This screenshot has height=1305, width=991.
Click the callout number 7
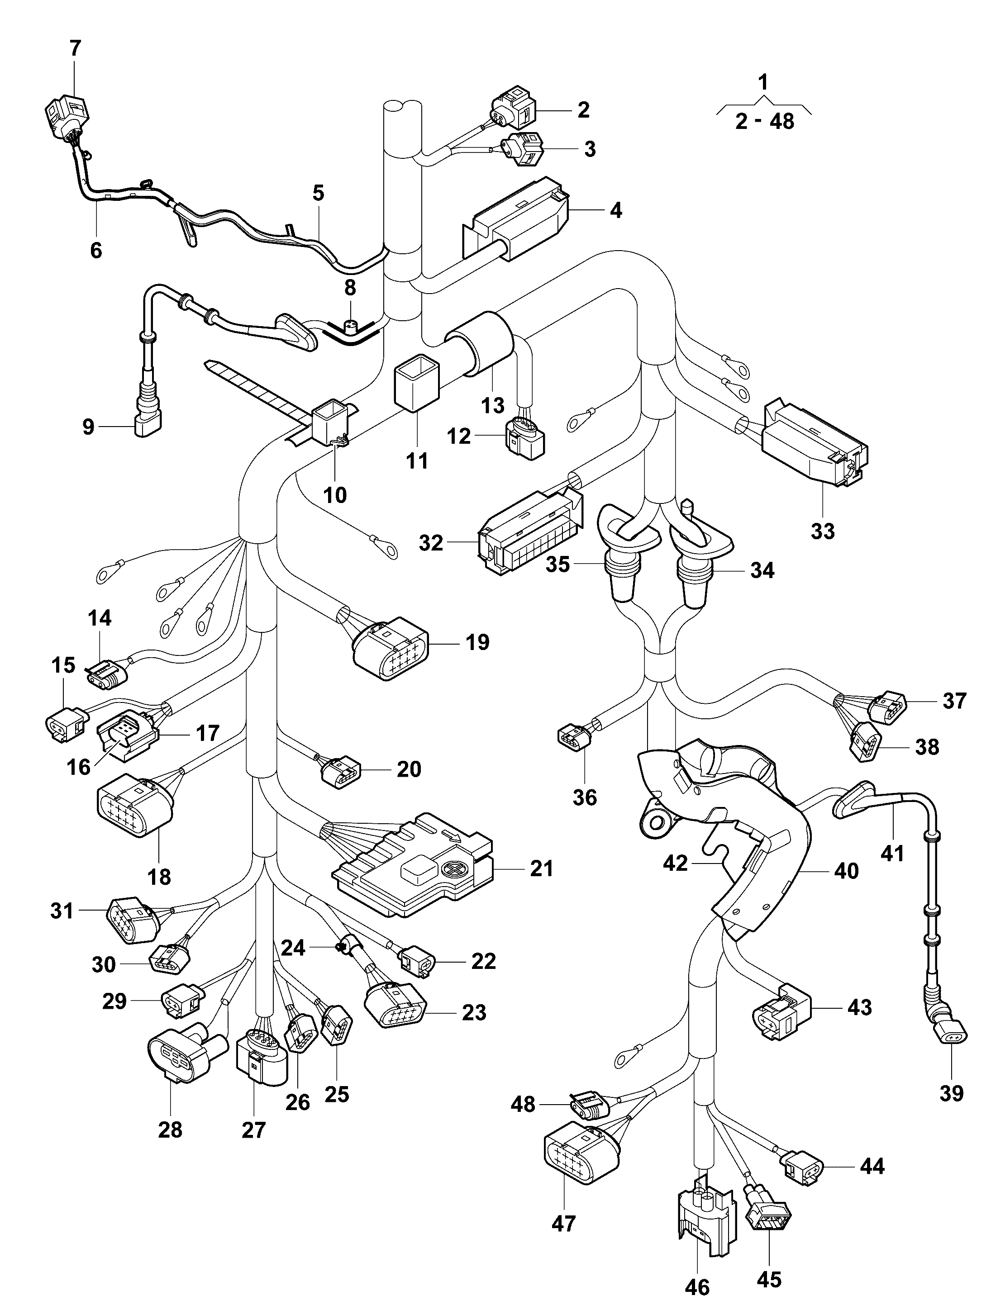point(75,48)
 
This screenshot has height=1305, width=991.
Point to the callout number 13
point(493,405)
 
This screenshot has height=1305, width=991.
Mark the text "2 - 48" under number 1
point(764,122)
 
